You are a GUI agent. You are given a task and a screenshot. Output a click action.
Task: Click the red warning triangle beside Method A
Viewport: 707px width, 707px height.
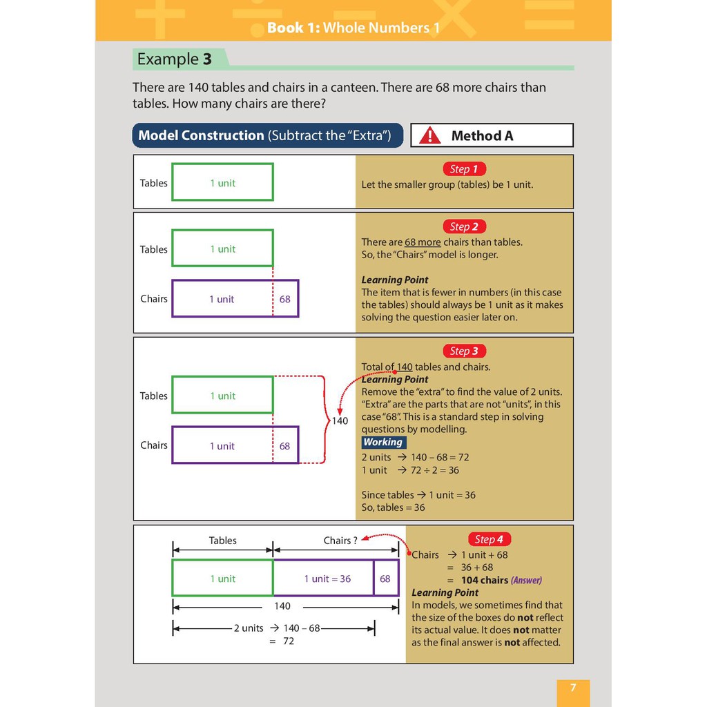point(429,135)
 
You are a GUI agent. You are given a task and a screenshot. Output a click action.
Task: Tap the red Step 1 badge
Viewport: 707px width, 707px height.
point(464,169)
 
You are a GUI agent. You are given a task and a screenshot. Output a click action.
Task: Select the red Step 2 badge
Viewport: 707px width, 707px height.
point(464,226)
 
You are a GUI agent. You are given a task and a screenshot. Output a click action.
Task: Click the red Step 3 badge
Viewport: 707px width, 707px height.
point(464,351)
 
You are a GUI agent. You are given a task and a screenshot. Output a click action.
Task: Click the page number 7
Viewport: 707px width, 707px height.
point(573,688)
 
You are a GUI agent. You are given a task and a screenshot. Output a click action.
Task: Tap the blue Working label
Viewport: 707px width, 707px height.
point(383,443)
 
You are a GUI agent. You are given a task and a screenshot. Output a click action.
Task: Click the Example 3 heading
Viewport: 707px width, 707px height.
point(175,59)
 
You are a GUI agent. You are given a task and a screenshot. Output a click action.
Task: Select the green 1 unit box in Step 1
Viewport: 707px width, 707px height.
point(222,182)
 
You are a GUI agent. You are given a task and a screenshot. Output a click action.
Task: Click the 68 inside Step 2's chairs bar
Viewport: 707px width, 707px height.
point(285,299)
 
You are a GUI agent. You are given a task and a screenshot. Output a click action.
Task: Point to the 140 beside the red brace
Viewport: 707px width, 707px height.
point(340,420)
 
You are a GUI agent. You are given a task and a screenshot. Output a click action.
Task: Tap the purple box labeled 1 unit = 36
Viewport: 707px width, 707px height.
point(323,579)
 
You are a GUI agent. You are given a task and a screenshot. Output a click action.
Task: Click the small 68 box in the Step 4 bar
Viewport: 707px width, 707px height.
point(385,579)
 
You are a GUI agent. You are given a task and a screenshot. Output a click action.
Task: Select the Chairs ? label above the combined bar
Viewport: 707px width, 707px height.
point(340,541)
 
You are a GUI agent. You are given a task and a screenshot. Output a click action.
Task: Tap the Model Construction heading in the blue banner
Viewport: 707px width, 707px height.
point(201,135)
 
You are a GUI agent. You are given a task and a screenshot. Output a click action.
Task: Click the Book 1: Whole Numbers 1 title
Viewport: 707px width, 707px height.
point(353,28)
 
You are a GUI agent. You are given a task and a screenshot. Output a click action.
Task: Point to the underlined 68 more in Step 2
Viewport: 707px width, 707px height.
point(423,242)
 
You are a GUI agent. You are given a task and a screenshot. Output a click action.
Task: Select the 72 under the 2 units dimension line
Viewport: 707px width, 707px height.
point(289,641)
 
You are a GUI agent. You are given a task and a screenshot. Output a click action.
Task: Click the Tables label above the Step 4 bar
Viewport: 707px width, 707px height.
point(223,541)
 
